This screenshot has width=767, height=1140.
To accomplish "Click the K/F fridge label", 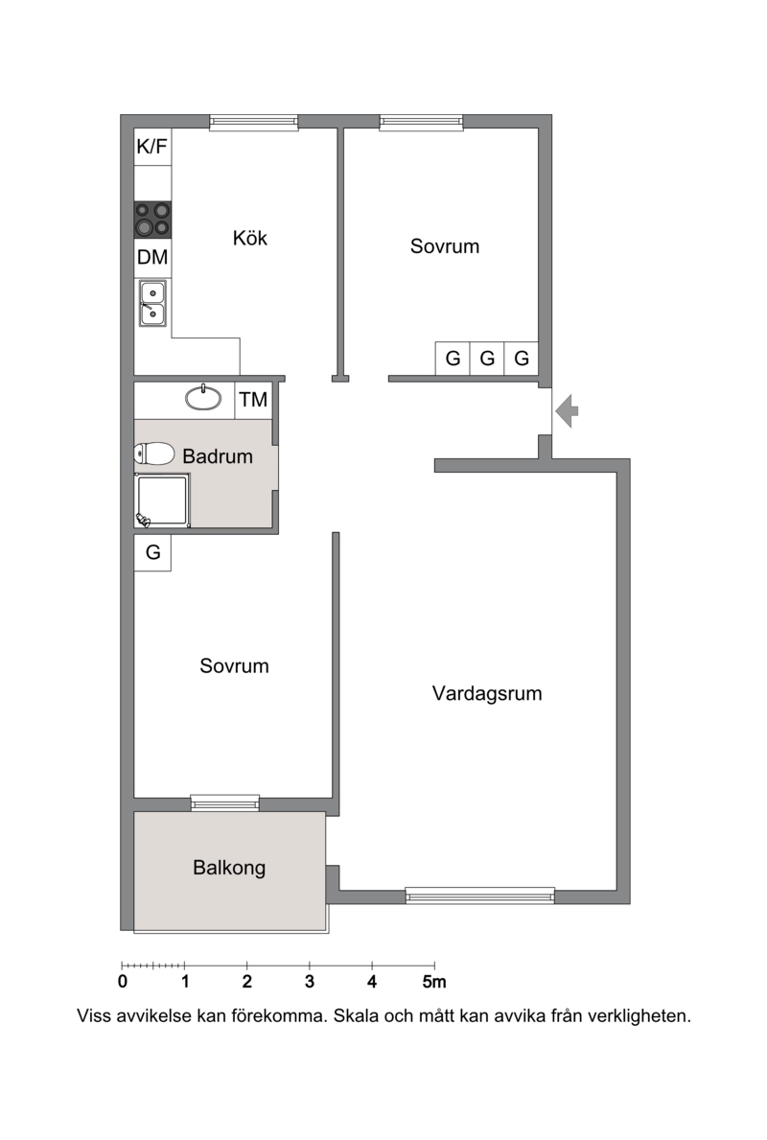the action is [x=151, y=147].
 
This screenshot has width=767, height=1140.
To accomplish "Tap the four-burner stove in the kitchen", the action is [x=152, y=220].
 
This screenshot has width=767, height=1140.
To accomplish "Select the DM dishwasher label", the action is [x=152, y=257].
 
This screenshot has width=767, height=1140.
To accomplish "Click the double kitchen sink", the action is [x=152, y=303].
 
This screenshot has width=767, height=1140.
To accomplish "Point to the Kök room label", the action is [x=250, y=238].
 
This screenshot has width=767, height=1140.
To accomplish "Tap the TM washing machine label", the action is [x=254, y=399].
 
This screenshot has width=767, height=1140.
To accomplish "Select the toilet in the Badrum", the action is [x=154, y=454].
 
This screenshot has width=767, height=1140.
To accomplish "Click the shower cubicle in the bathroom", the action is [x=162, y=500].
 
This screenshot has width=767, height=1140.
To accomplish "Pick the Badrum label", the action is [x=218, y=455].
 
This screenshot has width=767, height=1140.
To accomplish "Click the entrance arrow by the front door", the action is [x=567, y=410].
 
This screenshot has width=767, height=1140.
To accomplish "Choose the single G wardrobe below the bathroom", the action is [x=152, y=552].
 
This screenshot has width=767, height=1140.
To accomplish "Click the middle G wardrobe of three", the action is [x=487, y=359].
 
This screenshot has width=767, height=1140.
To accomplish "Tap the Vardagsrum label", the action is [x=487, y=693].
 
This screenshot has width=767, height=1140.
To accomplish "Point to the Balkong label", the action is [x=229, y=868].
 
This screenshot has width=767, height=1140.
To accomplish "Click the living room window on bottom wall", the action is [x=479, y=896].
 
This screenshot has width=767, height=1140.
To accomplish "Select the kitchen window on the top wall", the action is [x=254, y=123].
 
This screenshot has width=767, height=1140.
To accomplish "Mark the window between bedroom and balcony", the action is [x=224, y=803].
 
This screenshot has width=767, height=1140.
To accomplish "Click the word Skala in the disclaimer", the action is [x=357, y=1015].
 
